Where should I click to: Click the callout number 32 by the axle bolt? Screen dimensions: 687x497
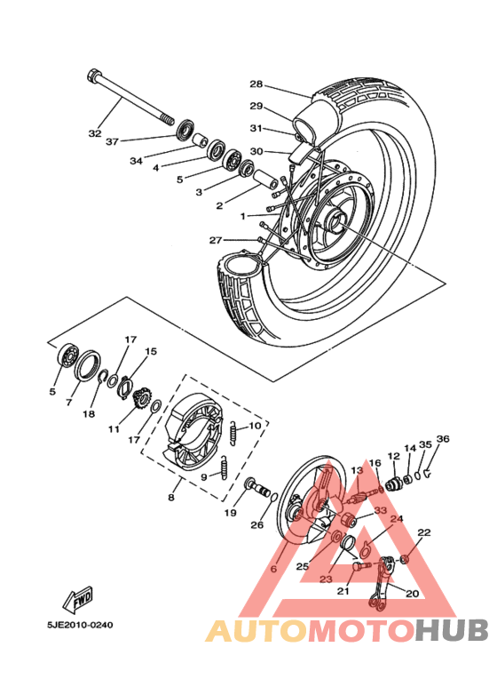[x=95, y=133]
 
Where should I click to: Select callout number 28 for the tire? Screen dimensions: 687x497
[x=256, y=84]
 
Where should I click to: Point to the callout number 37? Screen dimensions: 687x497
[x=112, y=141]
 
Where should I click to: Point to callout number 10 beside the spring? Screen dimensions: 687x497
[x=255, y=426]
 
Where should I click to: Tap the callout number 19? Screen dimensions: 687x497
[x=230, y=513]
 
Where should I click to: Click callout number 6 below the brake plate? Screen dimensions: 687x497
[x=273, y=568]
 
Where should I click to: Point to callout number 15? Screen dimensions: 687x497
[x=151, y=352]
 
